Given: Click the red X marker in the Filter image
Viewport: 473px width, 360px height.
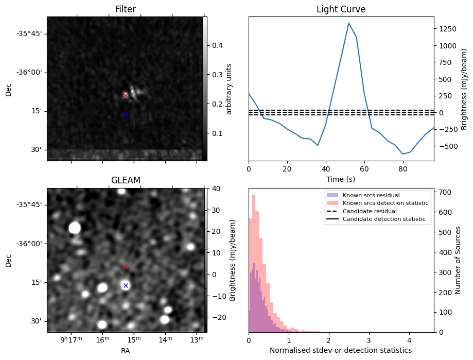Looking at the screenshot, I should (126, 95).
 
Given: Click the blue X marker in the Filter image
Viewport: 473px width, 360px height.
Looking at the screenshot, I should (126, 114).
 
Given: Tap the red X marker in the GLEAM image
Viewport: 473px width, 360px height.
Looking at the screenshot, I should (126, 266).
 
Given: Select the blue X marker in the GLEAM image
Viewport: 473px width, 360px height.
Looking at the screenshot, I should (126, 285).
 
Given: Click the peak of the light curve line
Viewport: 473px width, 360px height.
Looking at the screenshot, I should (348, 23).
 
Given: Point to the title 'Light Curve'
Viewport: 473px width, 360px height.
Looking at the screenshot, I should (341, 9).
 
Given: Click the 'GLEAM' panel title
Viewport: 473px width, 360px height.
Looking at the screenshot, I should (126, 180).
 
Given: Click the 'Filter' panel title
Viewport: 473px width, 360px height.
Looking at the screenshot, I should (126, 9).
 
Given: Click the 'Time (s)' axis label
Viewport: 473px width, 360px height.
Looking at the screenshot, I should (341, 179).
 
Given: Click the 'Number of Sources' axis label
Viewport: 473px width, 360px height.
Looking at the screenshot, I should (458, 260).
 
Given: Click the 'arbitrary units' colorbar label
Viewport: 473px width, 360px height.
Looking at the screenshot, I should (229, 89).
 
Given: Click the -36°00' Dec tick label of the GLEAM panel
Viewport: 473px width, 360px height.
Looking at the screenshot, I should (31, 244).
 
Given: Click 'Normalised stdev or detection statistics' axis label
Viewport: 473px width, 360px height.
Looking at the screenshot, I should (341, 350).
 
